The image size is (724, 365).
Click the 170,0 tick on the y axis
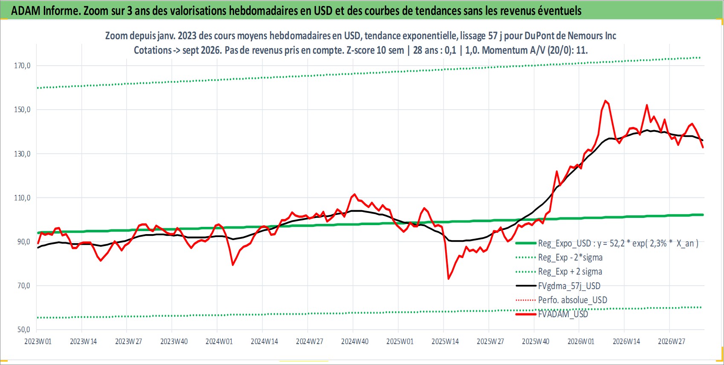click(22, 66)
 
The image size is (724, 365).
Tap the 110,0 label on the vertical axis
click(22, 198)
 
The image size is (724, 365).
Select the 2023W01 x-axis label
click(38, 342)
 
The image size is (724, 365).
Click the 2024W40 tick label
click(355, 342)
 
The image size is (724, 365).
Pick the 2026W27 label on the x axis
click(671, 342)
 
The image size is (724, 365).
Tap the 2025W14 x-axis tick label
click(445, 342)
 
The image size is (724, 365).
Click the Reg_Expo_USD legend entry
click(607, 243)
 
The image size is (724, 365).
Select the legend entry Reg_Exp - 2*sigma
click(559, 258)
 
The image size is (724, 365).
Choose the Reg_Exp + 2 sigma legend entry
click(559, 272)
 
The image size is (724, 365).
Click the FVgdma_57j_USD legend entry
click(558, 286)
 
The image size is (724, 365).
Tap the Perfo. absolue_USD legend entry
click(562, 300)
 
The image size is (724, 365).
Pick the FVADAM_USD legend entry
click(552, 314)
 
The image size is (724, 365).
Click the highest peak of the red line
click(605, 101)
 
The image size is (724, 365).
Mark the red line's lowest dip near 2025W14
click(449, 279)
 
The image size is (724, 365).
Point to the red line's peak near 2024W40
click(355, 194)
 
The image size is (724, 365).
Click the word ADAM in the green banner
click(26, 11)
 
